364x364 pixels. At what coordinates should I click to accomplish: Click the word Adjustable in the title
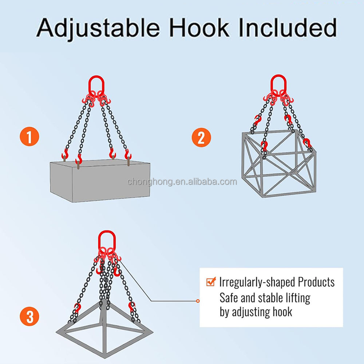(98, 28)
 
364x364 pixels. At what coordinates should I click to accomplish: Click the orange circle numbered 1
(29, 136)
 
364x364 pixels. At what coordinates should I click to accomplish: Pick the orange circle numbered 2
(201, 138)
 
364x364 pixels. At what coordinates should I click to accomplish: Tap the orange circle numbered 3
(29, 316)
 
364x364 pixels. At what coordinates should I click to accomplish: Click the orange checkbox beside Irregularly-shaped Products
(211, 282)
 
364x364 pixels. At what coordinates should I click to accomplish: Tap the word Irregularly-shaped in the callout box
(257, 282)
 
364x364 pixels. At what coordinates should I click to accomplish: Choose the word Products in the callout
(316, 282)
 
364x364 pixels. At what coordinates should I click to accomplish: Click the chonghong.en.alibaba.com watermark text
(182, 182)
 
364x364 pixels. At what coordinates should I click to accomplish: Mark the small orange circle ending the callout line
(198, 301)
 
